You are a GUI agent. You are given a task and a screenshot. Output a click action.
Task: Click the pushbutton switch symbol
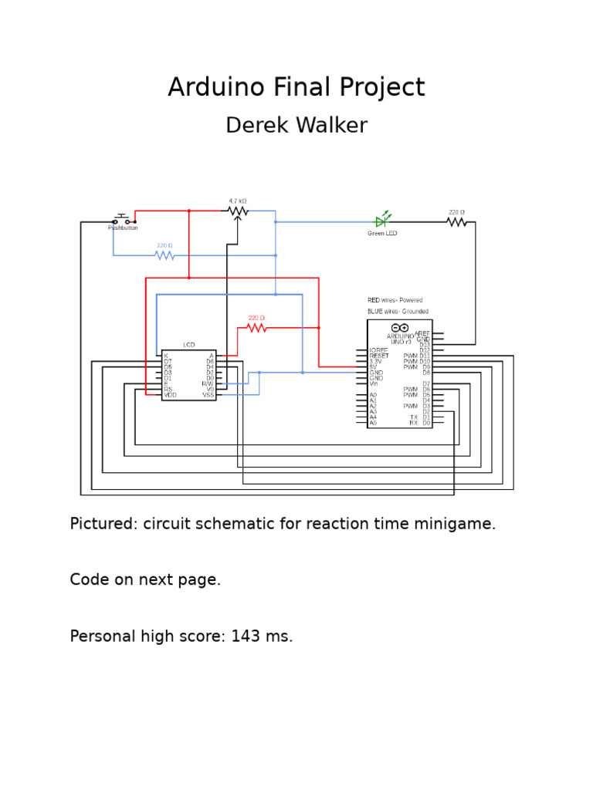click(122, 220)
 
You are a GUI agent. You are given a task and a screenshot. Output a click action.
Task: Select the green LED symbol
click(381, 221)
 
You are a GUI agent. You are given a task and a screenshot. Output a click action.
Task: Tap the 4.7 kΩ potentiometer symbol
click(238, 211)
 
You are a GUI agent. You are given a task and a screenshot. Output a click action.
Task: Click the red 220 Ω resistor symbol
click(256, 328)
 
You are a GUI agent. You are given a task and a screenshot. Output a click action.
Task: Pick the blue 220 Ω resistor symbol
click(164, 255)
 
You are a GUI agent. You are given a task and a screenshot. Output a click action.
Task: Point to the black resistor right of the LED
click(456, 222)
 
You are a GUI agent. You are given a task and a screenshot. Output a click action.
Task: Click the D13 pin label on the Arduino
click(425, 345)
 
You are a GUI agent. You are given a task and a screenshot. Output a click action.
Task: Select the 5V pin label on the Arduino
click(374, 367)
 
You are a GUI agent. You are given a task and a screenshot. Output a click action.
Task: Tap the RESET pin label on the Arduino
click(378, 356)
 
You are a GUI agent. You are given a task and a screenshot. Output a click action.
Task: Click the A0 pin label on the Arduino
click(374, 395)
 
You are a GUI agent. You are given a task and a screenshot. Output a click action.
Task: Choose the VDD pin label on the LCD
click(170, 395)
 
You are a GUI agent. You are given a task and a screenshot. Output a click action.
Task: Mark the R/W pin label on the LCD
click(208, 383)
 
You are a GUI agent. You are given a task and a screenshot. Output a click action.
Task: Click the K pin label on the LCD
click(166, 356)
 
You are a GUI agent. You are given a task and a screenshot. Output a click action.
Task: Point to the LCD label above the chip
click(189, 345)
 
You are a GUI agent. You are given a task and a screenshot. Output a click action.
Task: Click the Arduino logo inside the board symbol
click(400, 328)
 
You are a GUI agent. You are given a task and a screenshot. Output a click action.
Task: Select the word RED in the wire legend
click(374, 300)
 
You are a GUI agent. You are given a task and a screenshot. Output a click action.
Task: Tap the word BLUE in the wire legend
click(374, 312)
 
